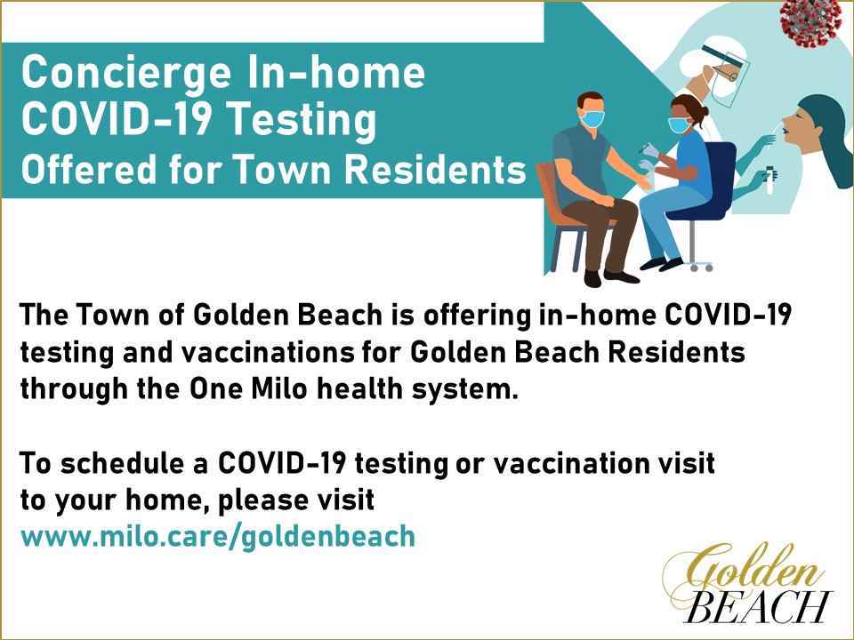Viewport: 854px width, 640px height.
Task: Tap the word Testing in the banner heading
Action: (302, 121)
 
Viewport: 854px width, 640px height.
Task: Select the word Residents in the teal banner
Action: (436, 169)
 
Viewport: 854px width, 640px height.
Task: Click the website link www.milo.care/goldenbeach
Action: (218, 537)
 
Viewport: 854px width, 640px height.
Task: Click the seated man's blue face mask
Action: (592, 118)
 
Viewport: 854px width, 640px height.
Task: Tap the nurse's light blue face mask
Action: (679, 125)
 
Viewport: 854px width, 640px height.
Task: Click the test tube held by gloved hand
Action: (770, 180)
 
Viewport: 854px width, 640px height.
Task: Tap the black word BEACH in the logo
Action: (758, 606)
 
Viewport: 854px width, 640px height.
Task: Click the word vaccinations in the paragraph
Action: (266, 353)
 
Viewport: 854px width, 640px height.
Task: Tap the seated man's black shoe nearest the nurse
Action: (622, 276)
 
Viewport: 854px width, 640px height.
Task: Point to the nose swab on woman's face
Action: (772, 130)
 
